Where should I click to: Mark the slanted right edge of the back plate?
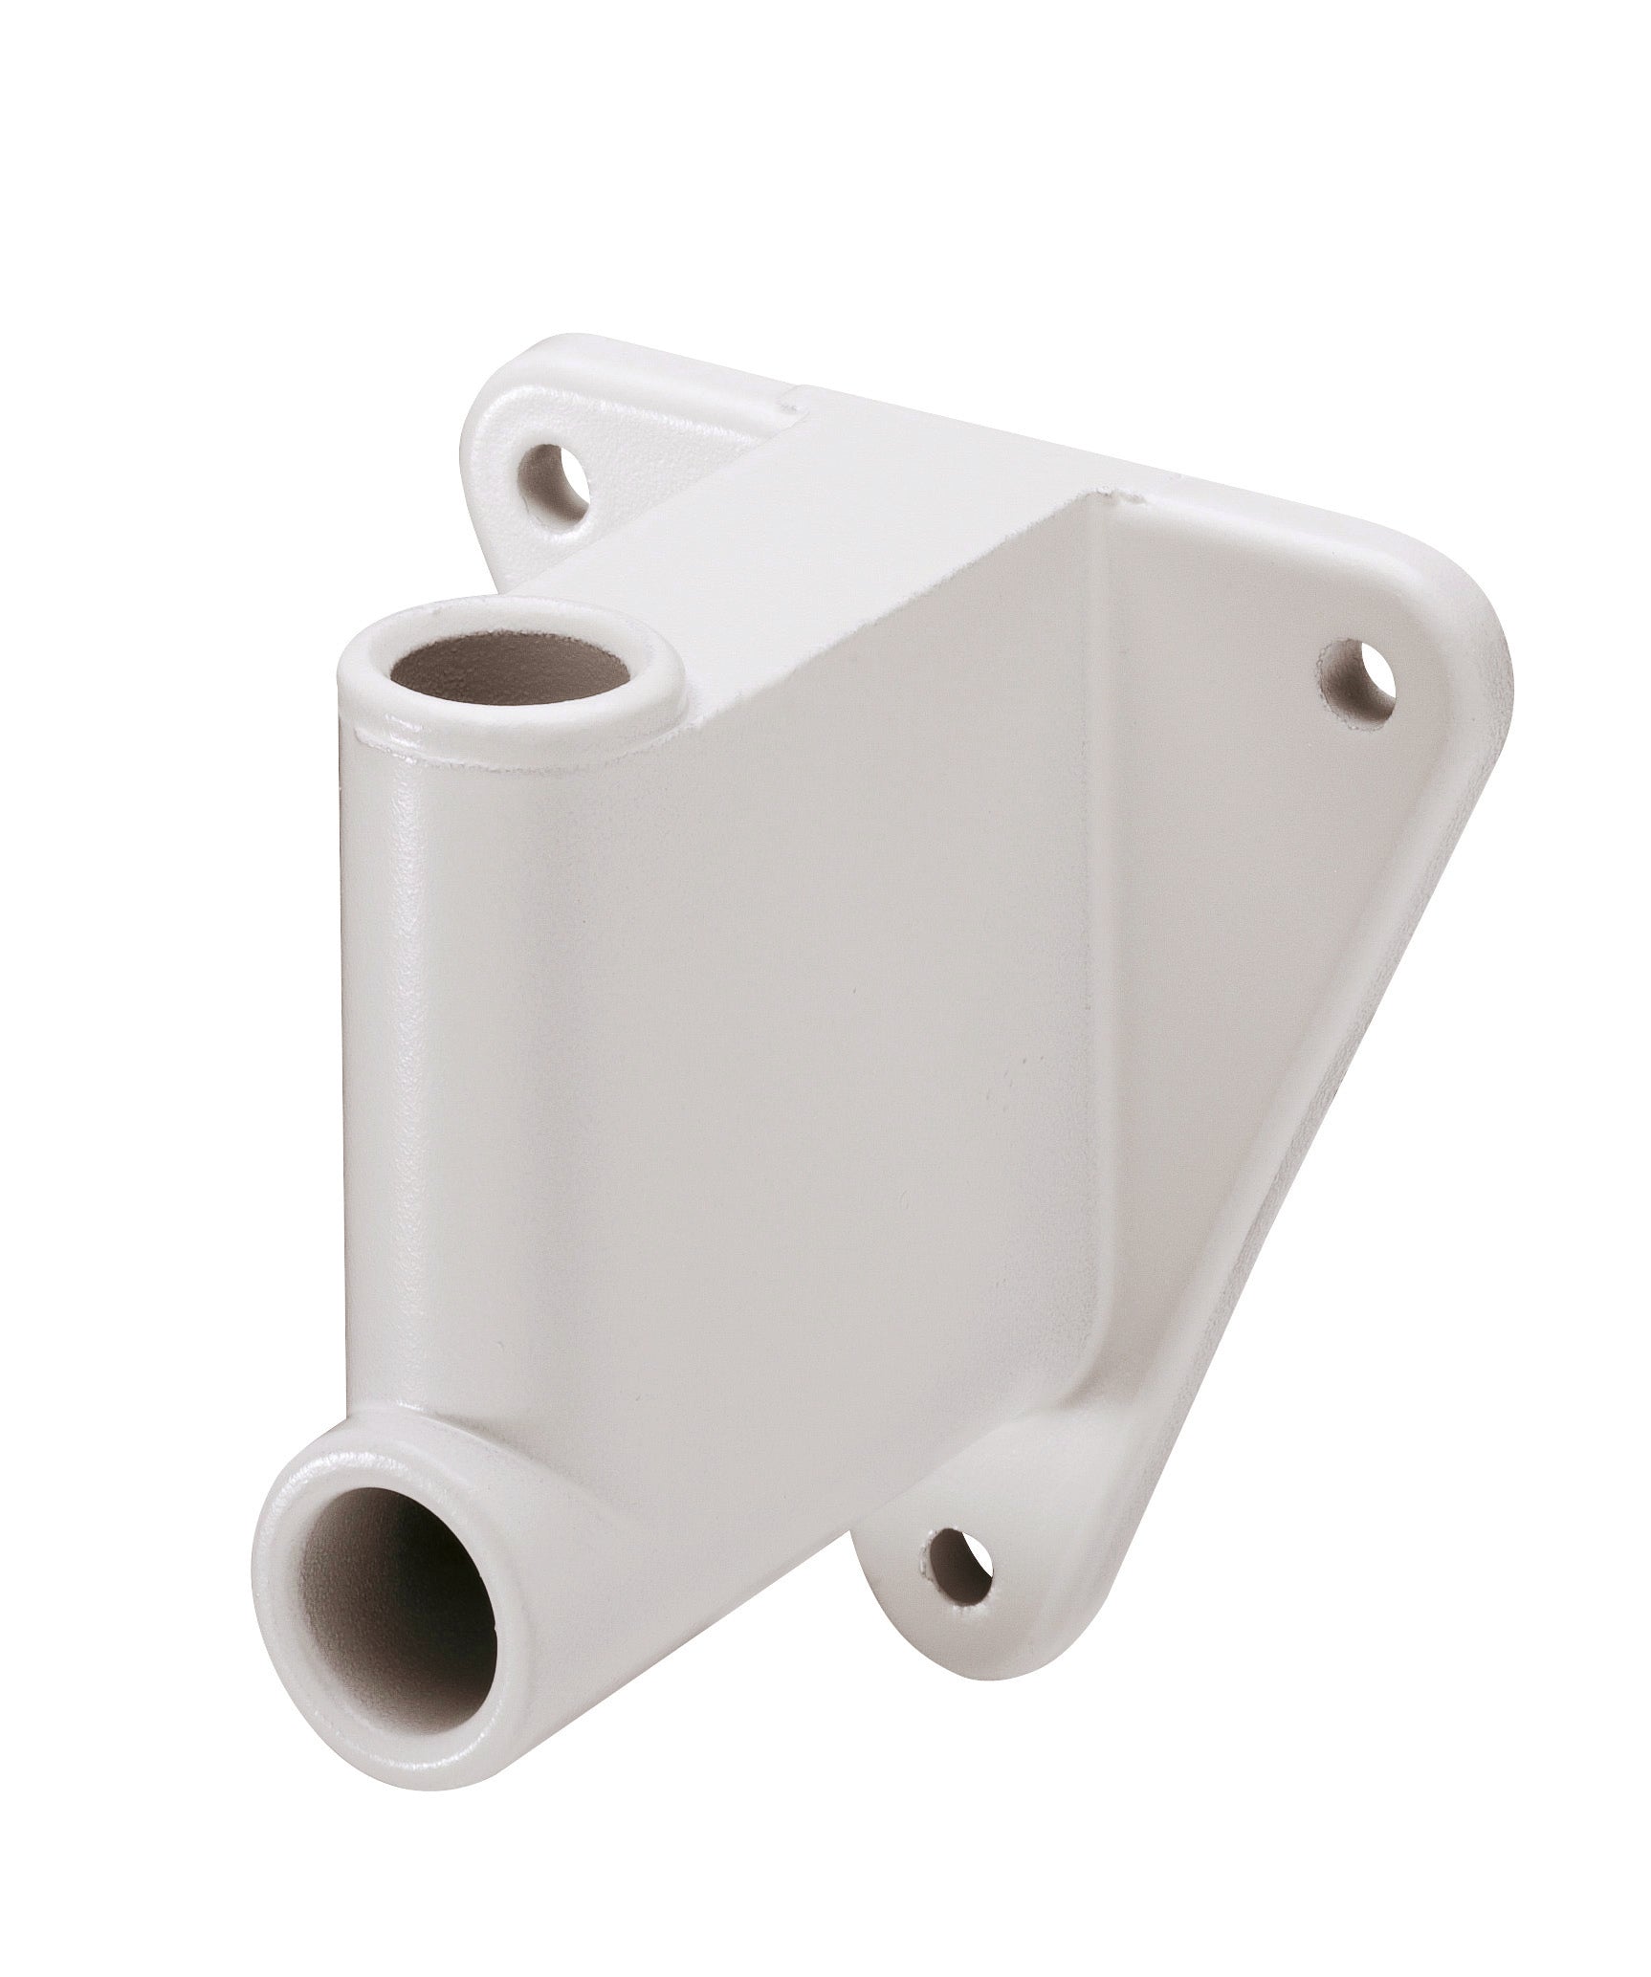click(x=1339, y=1100)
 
